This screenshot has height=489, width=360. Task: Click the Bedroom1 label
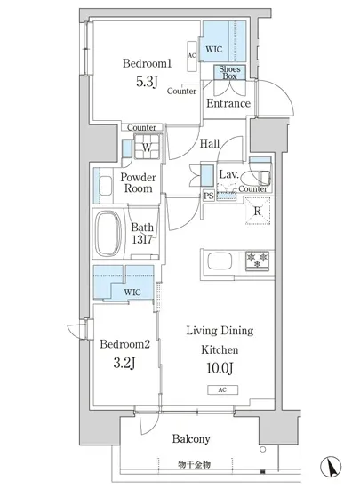pyautogui.click(x=148, y=63)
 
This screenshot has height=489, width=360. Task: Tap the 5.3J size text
pyautogui.click(x=147, y=82)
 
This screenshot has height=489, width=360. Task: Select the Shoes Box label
pyautogui.click(x=229, y=72)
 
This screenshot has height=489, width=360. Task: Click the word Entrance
pyautogui.click(x=228, y=103)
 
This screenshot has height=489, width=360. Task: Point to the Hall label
pyautogui.click(x=210, y=143)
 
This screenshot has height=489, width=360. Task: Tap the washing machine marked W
pyautogui.click(x=148, y=147)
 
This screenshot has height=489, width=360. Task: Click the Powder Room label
pyautogui.click(x=139, y=183)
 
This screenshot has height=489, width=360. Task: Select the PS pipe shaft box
pyautogui.click(x=209, y=196)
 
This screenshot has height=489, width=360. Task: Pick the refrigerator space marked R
pyautogui.click(x=258, y=211)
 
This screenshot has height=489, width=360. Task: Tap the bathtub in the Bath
pyautogui.click(x=108, y=234)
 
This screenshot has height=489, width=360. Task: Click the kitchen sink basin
pyautogui.click(x=220, y=261)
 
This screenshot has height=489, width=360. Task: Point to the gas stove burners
pyautogui.click(x=257, y=261)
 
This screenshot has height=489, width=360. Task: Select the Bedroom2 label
pyautogui.click(x=125, y=344)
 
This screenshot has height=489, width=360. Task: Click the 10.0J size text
pyautogui.click(x=220, y=368)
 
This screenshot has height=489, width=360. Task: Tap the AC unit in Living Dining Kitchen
pyautogui.click(x=222, y=389)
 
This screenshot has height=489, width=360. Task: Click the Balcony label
pyautogui.click(x=191, y=439)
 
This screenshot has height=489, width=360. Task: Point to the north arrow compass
pyautogui.click(x=331, y=467)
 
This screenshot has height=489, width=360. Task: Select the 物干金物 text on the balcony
pyautogui.click(x=194, y=465)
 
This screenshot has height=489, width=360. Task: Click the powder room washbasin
pyautogui.click(x=106, y=186)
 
